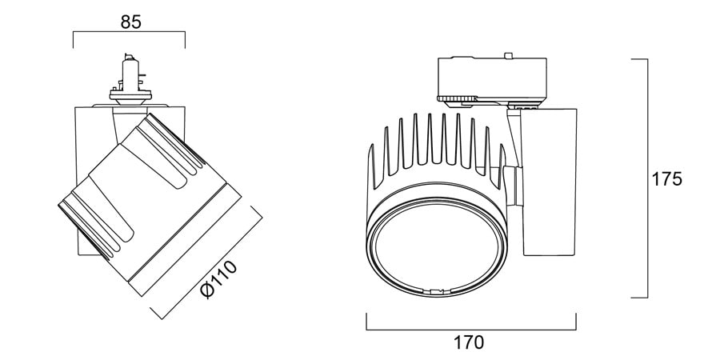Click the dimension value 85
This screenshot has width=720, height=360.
pyautogui.click(x=131, y=22)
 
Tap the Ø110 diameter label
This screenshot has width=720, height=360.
pyautogui.click(x=220, y=280)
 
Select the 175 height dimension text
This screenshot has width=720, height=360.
pyautogui.click(x=666, y=179)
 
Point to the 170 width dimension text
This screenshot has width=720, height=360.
pyautogui.click(x=469, y=342)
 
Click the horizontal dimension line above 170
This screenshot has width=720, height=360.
pyautogui.click(x=471, y=330)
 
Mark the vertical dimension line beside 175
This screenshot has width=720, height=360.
pyautogui.click(x=647, y=178)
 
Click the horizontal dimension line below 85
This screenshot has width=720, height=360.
pyautogui.click(x=129, y=32)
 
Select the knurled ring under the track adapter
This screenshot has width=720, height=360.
pyautogui.click(x=457, y=98)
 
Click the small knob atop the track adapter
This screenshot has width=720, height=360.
pyautogui.click(x=507, y=55)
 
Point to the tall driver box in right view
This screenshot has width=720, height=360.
pyautogui.click(x=549, y=182)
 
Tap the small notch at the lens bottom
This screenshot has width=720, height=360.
pyautogui.click(x=435, y=291)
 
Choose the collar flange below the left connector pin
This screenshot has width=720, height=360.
pyautogui.click(x=130, y=95)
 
